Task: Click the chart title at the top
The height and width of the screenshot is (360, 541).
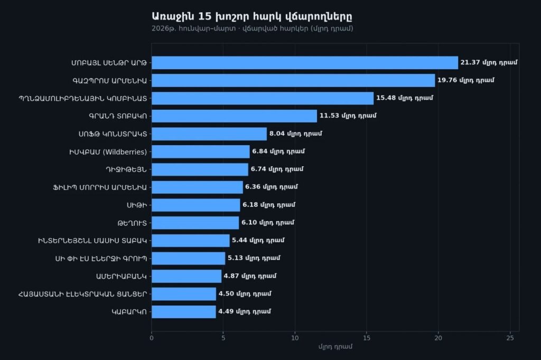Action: (252, 16)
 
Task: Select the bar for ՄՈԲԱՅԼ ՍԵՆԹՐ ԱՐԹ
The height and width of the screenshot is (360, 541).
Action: (305, 63)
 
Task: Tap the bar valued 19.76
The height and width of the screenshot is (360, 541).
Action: (293, 80)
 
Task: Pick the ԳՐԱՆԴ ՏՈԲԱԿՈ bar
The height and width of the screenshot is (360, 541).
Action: (234, 116)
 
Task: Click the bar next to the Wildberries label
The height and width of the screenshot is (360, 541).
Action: (201, 151)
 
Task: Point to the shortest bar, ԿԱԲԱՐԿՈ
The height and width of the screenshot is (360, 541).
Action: (184, 312)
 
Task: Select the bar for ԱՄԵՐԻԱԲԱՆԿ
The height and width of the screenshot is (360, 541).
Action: (186, 276)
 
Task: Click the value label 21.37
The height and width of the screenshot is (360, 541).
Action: (489, 62)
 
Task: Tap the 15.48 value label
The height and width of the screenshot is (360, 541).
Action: (405, 98)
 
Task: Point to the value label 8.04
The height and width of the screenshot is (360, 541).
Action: (296, 134)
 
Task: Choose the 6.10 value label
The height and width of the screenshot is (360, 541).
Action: (268, 222)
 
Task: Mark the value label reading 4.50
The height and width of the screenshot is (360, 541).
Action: (245, 294)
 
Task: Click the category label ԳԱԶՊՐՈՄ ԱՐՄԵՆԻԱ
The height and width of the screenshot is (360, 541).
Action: (110, 81)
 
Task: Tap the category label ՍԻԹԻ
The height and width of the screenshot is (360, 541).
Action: (137, 205)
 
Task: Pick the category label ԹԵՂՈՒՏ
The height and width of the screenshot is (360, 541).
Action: (132, 223)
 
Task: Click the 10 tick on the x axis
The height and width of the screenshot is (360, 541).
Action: (295, 338)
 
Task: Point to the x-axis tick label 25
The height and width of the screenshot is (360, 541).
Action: (510, 338)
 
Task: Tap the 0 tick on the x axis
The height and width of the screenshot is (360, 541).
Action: (152, 338)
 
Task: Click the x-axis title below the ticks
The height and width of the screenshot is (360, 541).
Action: (335, 347)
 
